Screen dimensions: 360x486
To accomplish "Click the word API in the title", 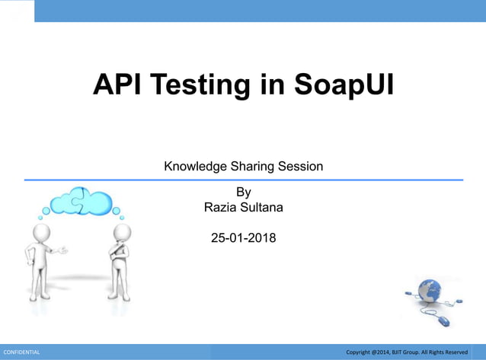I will (x=118, y=84).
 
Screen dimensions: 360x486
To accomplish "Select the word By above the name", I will (x=243, y=192).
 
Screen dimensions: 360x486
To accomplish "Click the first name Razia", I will (x=221, y=207).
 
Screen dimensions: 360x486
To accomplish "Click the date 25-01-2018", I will (x=243, y=238).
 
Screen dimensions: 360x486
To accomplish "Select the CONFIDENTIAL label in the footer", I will (x=22, y=352).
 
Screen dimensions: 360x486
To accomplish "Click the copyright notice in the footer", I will (x=407, y=352).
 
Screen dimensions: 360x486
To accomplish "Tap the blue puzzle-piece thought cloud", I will (x=82, y=199).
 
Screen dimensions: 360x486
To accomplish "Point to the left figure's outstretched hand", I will (x=63, y=249).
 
